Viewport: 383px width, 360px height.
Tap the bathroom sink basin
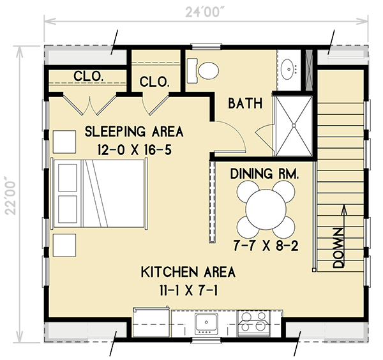290,66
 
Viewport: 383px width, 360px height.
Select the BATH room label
245,103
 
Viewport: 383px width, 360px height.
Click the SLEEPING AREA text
134,132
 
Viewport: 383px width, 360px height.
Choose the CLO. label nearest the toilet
154,82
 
